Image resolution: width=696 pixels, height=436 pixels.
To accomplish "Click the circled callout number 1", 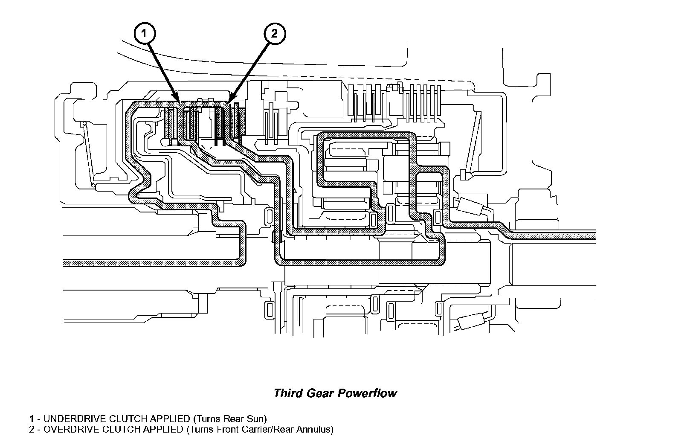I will click(145, 33).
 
